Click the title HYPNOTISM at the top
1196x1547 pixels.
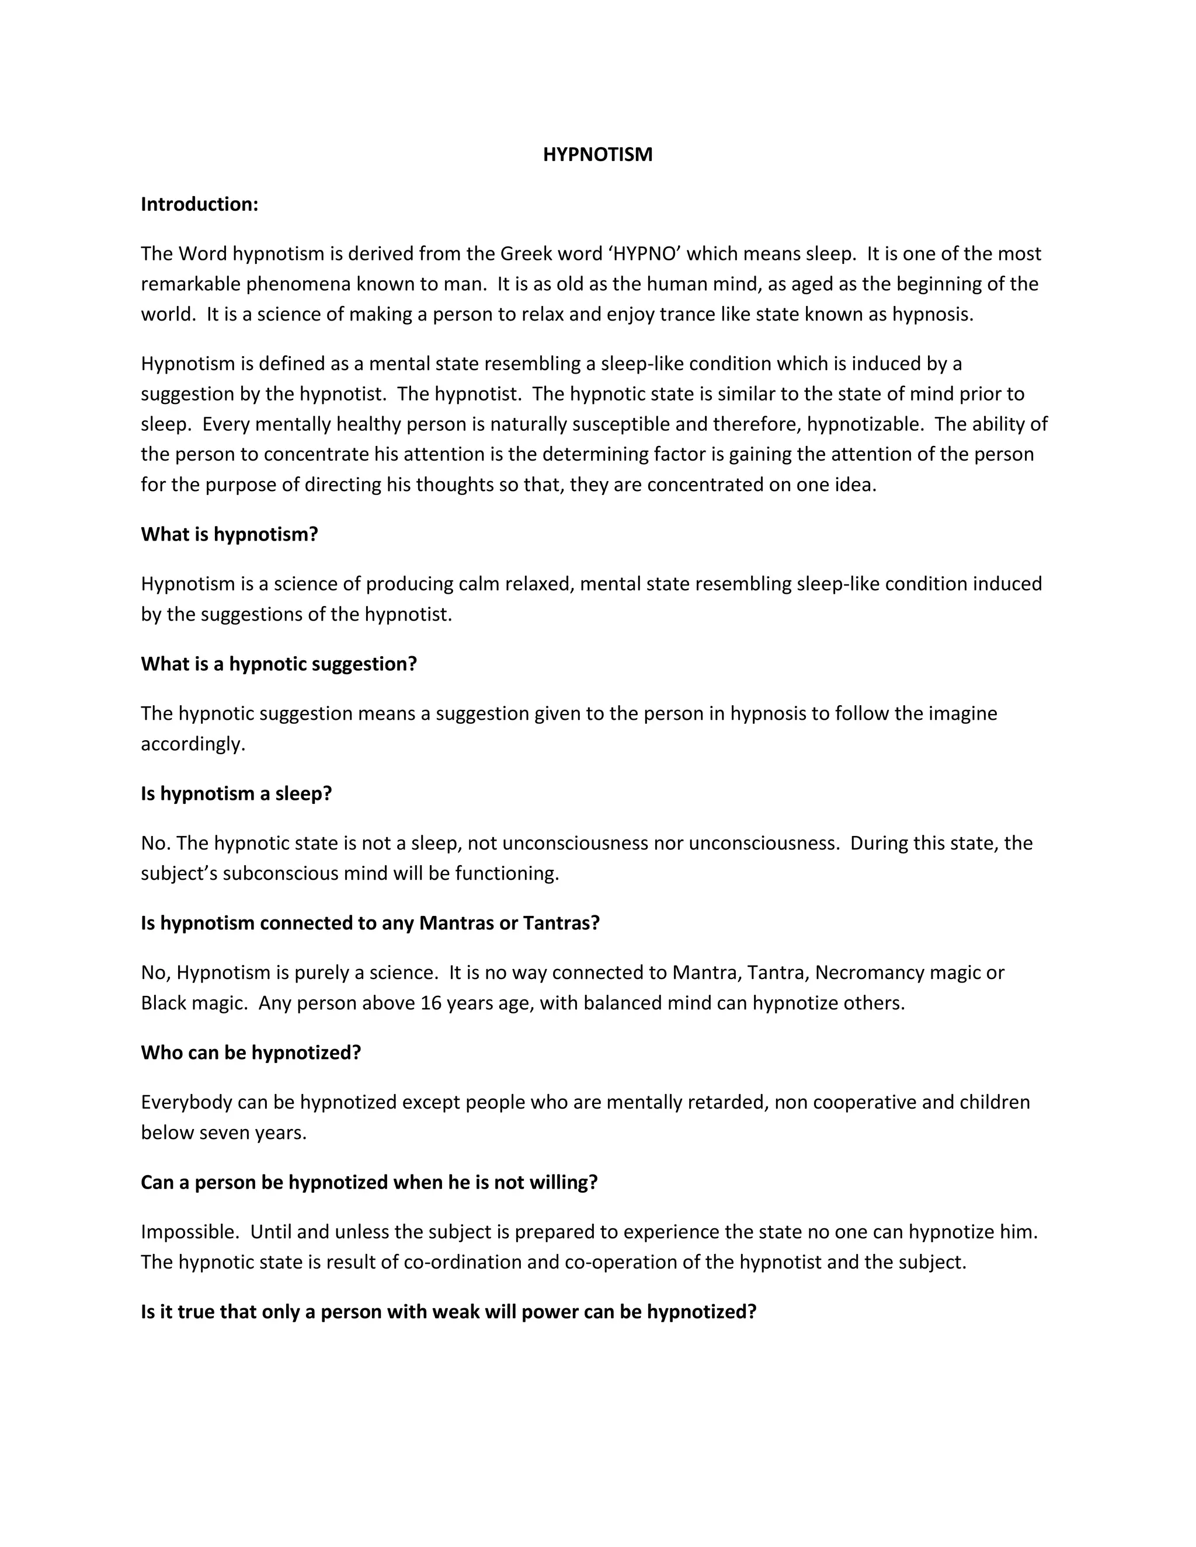(597, 155)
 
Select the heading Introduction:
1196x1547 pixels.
(199, 204)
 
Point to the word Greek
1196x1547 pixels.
(526, 253)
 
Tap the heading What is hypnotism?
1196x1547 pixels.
(229, 534)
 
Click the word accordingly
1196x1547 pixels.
(193, 744)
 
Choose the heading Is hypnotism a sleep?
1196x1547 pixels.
(236, 793)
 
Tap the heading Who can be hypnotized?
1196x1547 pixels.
(251, 1053)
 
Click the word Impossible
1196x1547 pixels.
(189, 1232)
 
